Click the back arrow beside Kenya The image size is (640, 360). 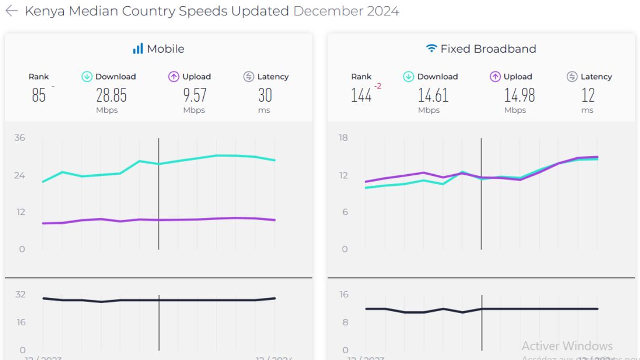[x=11, y=11]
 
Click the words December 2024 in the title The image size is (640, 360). [x=346, y=11]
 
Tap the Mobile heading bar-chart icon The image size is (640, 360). [x=138, y=49]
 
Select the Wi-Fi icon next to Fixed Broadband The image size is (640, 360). [x=431, y=49]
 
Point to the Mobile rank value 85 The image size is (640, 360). [x=38, y=95]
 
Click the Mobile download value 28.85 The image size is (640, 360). [x=111, y=95]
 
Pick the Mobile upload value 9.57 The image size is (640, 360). [x=195, y=95]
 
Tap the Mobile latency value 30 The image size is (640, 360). [x=265, y=95]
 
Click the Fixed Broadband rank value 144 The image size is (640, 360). [x=361, y=95]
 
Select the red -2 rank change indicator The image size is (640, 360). [x=377, y=86]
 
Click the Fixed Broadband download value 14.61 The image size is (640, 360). [x=433, y=95]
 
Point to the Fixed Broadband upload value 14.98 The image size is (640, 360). [x=519, y=95]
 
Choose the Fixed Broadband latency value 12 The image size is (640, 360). [x=587, y=95]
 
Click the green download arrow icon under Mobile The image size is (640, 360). [x=87, y=77]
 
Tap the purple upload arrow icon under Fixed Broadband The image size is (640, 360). [x=495, y=77]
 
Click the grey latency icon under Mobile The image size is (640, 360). [x=249, y=77]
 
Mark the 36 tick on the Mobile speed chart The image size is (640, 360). [x=20, y=138]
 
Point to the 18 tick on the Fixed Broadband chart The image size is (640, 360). [x=343, y=138]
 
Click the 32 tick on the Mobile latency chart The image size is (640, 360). [x=20, y=294]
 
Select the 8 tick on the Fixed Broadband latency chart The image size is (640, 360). [x=345, y=322]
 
